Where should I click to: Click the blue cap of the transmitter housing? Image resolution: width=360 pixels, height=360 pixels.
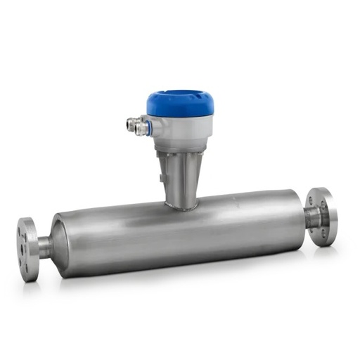(x=180, y=104)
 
